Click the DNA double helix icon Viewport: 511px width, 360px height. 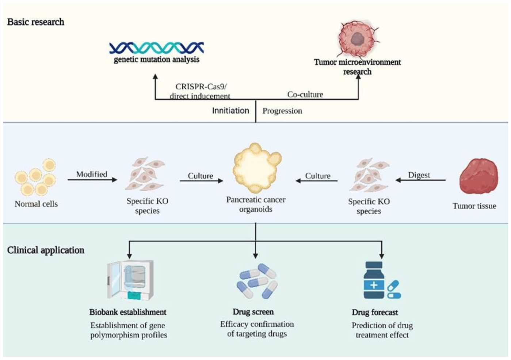[156, 47]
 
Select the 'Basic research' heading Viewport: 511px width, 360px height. [36, 22]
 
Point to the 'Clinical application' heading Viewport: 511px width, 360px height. [46, 250]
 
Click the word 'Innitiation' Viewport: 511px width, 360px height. [230, 111]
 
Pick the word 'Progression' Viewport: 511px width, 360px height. [282, 111]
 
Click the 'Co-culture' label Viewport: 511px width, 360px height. [305, 95]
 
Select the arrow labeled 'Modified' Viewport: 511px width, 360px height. [92, 180]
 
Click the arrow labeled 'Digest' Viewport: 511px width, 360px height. [420, 180]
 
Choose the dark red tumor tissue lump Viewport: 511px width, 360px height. [478, 176]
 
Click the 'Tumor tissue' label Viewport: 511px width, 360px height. [474, 206]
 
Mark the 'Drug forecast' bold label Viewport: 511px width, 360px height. [375, 313]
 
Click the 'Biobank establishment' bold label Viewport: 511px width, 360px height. [128, 312]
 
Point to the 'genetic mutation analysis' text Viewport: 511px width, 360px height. [157, 60]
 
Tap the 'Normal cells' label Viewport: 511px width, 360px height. [36, 204]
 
